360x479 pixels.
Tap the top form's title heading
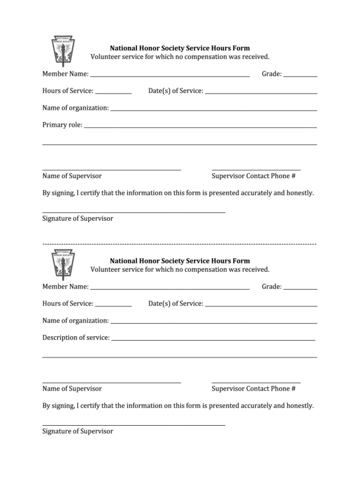tap(180, 48)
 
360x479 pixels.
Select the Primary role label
tap(62, 125)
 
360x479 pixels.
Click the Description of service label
tap(76, 337)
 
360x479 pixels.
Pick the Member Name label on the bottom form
tap(65, 286)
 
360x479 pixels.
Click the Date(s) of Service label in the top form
tap(175, 91)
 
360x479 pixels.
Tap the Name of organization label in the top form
tap(76, 108)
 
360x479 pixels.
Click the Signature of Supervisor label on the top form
tap(78, 218)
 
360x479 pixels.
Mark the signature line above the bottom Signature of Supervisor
tap(133, 425)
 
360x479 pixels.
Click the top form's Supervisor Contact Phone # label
tap(254, 176)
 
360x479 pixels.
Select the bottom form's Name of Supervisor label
tap(72, 389)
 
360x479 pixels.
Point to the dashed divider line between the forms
tap(179, 244)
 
